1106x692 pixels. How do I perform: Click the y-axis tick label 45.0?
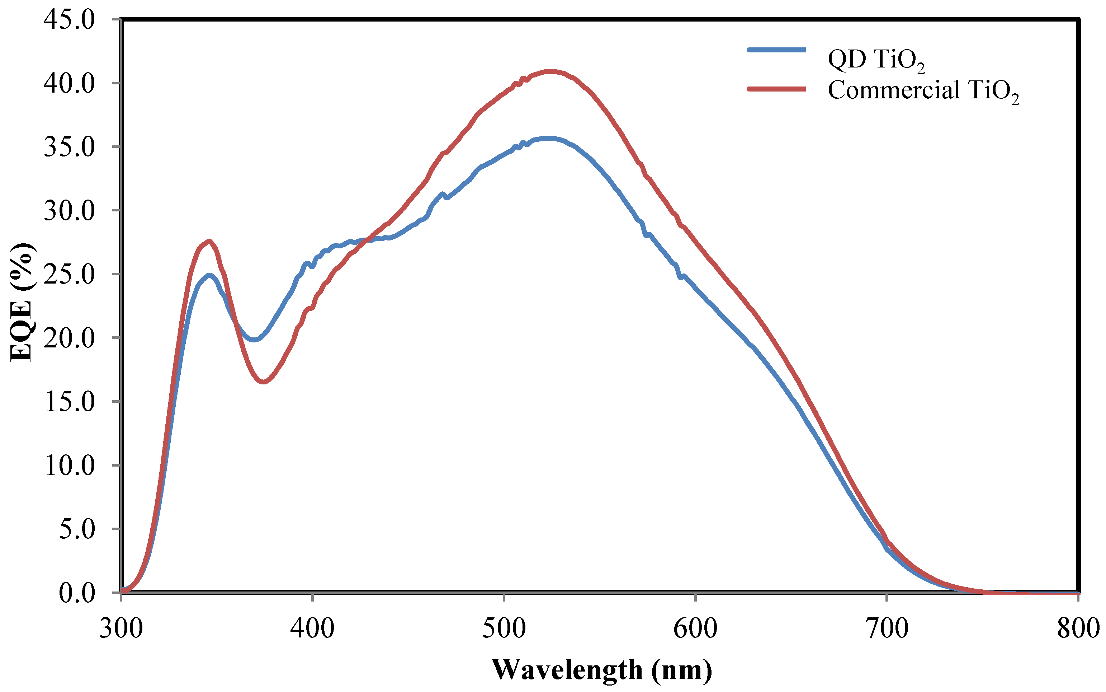point(68,20)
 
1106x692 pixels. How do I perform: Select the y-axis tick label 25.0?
point(68,275)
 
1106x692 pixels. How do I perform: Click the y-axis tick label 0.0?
point(76,594)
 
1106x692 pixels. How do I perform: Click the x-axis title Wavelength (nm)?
point(602,670)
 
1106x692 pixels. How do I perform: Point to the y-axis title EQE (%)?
point(22,302)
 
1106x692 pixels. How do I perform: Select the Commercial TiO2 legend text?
point(923,90)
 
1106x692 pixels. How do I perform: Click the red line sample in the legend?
point(776,89)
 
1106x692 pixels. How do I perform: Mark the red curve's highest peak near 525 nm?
point(551,71)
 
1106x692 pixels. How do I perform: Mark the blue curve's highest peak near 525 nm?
point(550,138)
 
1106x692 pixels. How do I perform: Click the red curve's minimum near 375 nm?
point(263,382)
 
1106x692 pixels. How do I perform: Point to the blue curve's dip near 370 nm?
point(254,340)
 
